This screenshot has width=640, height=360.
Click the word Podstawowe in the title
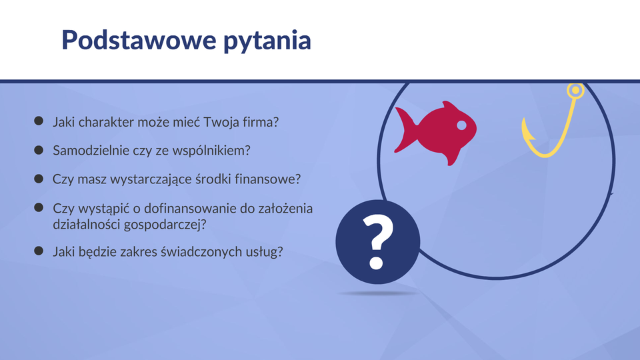tap(139, 40)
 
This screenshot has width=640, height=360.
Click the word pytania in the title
tap(267, 41)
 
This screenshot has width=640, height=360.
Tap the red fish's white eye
tap(461, 125)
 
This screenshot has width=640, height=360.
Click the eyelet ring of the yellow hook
tap(575, 90)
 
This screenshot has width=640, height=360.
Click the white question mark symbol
tap(377, 242)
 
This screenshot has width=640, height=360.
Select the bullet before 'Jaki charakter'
tap(39, 121)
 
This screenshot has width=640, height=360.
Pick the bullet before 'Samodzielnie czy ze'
tap(39, 150)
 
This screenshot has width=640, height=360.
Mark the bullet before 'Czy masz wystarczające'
tap(39, 179)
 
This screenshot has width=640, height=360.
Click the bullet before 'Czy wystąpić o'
tap(39, 207)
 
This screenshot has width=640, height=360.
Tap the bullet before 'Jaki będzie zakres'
tap(39, 251)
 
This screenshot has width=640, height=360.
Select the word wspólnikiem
tap(209, 151)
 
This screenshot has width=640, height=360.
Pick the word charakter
tap(106, 122)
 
